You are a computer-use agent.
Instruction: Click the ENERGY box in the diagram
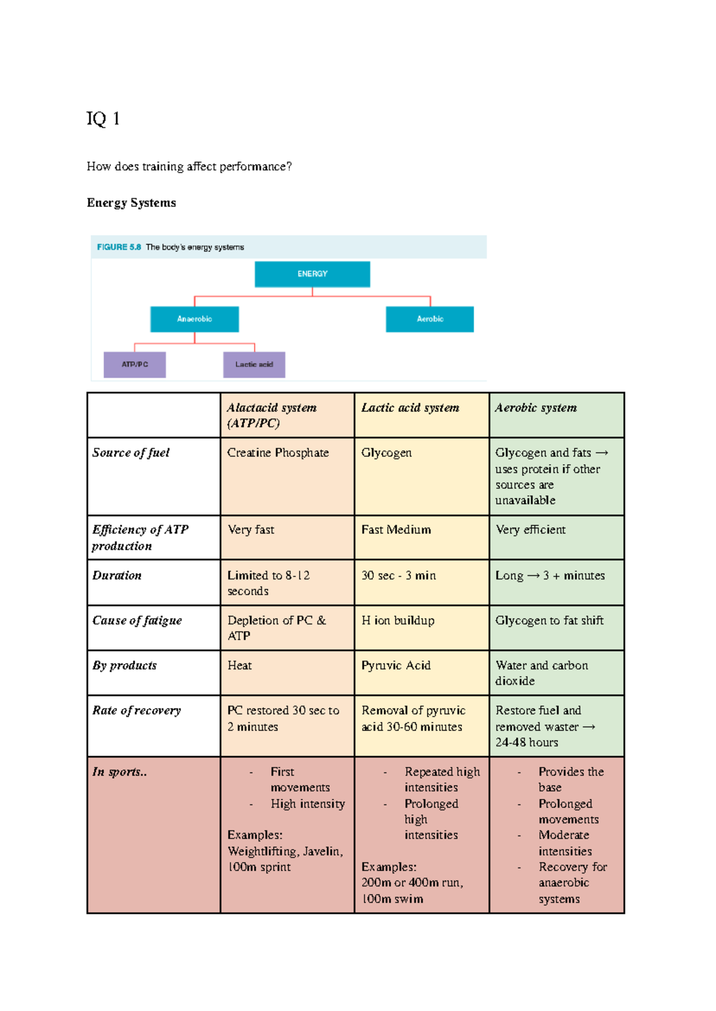pos(312,274)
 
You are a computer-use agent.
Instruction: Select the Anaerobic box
pos(195,319)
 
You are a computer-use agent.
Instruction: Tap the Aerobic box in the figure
pos(430,319)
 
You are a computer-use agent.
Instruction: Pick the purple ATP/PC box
pos(135,365)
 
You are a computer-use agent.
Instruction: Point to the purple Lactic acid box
pos(254,365)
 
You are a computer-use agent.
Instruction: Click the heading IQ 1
pos(103,119)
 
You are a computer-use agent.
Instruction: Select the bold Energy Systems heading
pos(131,203)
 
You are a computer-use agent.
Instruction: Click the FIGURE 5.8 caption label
pos(119,247)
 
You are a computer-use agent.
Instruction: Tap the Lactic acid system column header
pos(411,408)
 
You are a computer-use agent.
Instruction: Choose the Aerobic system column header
pos(536,408)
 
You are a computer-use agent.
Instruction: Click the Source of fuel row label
pos(131,453)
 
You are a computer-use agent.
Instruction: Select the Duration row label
pos(117,576)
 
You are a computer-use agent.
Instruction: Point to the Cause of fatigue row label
pos(137,621)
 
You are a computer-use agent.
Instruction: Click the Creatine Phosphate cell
pos(278,453)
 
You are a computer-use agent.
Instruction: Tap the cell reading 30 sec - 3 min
pos(399,576)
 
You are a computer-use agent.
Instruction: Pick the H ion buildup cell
pos(398,621)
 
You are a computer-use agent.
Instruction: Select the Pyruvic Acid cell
pos(396,665)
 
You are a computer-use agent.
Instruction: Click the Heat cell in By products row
pos(240,665)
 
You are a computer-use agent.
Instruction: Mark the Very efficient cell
pos(530,530)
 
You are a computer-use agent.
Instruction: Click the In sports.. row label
pos(119,772)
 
